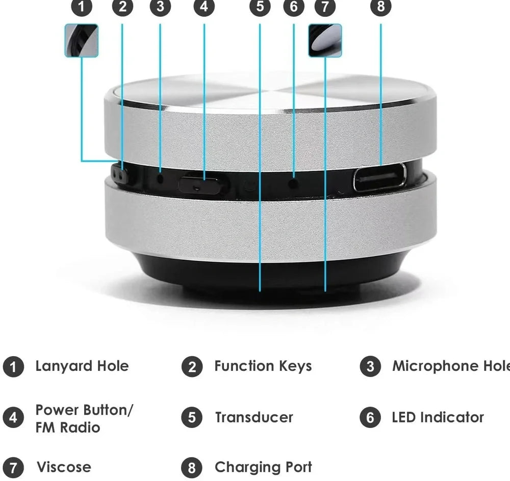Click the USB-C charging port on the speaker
[380, 177]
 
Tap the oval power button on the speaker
[200, 184]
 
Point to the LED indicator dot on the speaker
[293, 182]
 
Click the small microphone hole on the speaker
[161, 178]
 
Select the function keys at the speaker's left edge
[120, 175]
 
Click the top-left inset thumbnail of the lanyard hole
[81, 40]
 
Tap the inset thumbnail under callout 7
[325, 40]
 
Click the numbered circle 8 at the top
[380, 7]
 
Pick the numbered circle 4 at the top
[204, 7]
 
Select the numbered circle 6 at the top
[294, 7]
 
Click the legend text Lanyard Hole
[82, 366]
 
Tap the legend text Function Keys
[263, 366]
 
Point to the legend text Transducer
[253, 417]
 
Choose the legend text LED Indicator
[438, 417]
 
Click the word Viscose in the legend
[64, 467]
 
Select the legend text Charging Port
[263, 467]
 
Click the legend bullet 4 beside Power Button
[13, 418]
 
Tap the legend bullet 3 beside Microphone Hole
[370, 367]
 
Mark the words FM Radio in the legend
[67, 427]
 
